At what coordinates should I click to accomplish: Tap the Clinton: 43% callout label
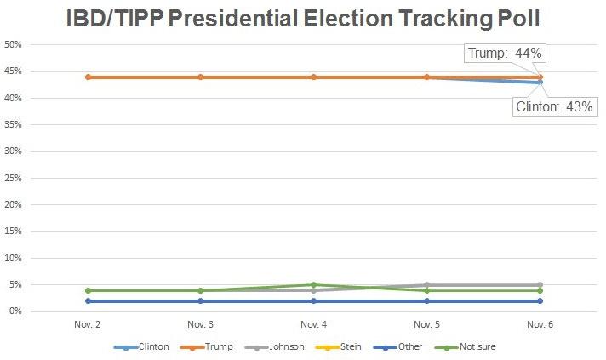(x=554, y=108)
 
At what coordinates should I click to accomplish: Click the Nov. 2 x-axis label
(x=87, y=324)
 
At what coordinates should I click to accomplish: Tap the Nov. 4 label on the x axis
(x=313, y=324)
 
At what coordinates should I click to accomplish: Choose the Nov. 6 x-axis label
(x=540, y=324)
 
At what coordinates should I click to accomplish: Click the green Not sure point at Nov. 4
(x=313, y=285)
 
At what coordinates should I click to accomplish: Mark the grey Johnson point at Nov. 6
(x=540, y=285)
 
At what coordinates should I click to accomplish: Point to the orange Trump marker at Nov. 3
(x=200, y=77)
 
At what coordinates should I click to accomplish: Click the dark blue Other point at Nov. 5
(x=426, y=301)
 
